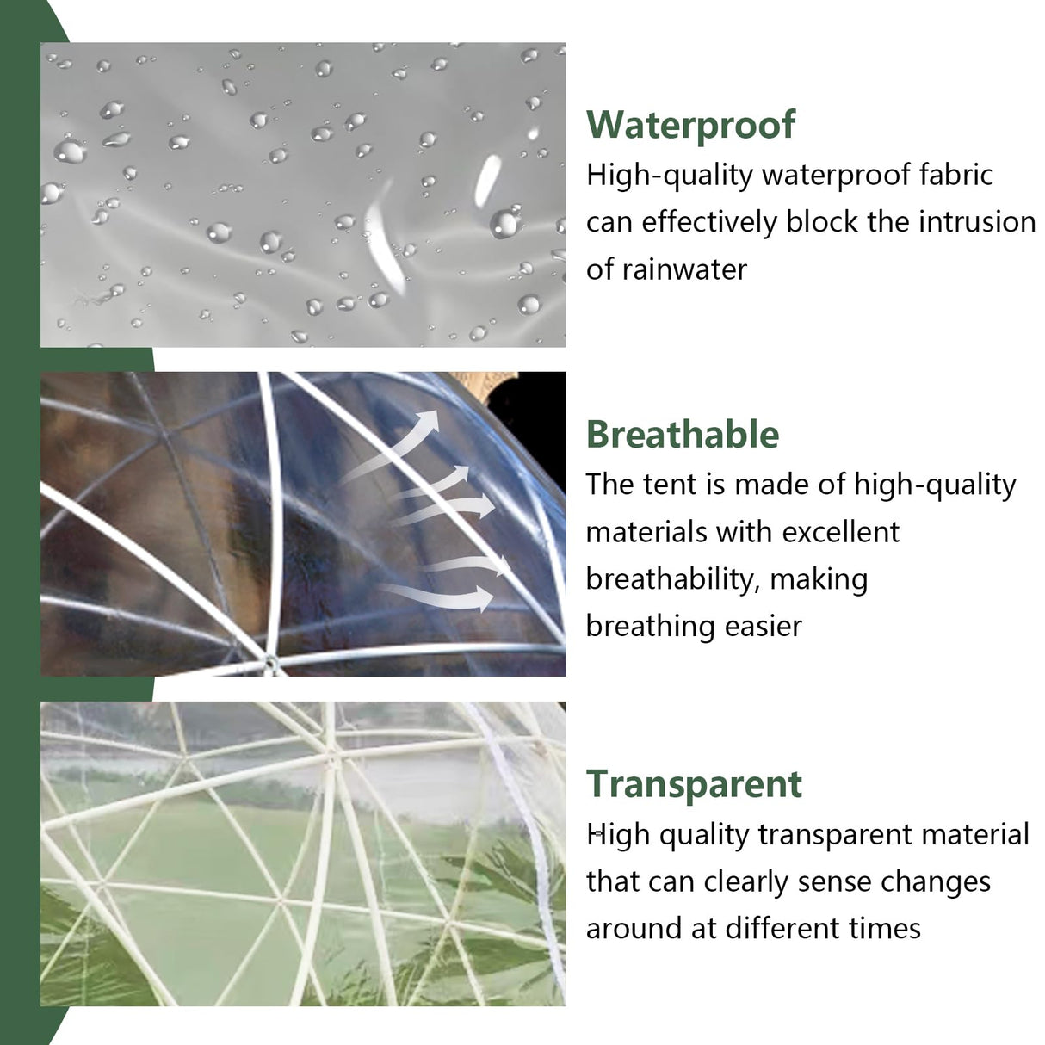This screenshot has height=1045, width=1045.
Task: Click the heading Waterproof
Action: click(690, 125)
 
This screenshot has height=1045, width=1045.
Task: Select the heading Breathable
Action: click(683, 435)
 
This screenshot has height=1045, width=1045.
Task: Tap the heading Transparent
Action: click(694, 784)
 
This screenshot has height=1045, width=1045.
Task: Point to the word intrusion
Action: click(977, 222)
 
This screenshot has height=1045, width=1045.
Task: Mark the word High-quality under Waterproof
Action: click(670, 176)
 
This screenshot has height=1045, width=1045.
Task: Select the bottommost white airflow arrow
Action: click(439, 595)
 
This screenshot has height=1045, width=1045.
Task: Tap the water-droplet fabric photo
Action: click(303, 195)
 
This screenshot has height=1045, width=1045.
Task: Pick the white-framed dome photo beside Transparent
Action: click(303, 853)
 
